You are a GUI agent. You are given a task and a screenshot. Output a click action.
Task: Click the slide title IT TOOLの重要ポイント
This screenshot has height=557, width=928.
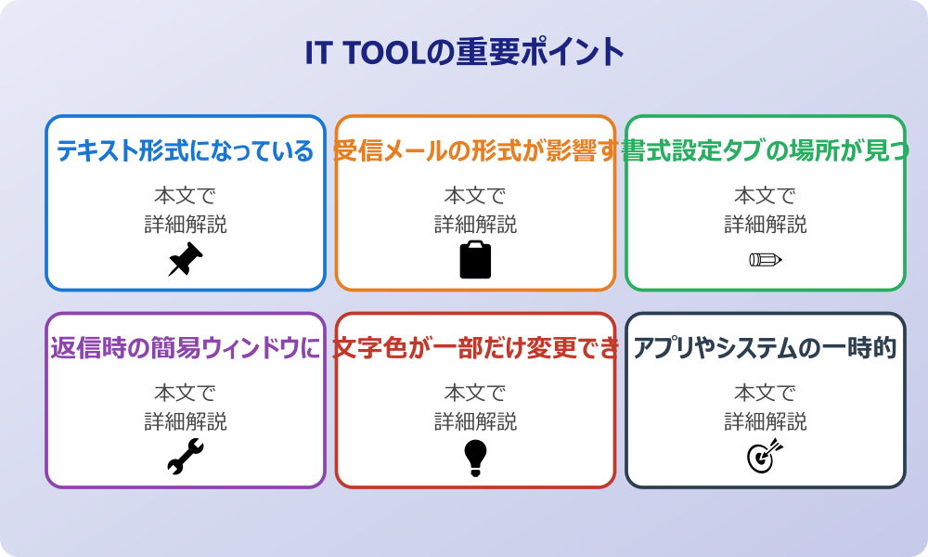(x=464, y=52)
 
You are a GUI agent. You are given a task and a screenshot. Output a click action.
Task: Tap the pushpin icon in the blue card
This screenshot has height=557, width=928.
(x=185, y=260)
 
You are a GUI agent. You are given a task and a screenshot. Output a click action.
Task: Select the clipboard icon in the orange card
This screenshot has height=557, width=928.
(x=475, y=260)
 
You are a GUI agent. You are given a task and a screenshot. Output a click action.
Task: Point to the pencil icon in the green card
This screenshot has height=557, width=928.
(x=765, y=259)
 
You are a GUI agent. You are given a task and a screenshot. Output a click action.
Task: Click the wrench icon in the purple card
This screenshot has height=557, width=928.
(x=185, y=457)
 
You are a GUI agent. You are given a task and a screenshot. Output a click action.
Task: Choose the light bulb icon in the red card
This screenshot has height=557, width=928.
(x=475, y=457)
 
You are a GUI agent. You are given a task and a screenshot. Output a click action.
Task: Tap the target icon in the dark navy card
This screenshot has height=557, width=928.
(x=765, y=457)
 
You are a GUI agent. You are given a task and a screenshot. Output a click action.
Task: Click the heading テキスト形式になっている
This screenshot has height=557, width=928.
(x=186, y=151)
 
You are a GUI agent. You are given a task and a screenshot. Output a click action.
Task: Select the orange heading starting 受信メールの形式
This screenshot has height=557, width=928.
(x=475, y=151)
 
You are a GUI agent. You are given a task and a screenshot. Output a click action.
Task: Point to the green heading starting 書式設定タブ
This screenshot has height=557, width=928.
(x=765, y=151)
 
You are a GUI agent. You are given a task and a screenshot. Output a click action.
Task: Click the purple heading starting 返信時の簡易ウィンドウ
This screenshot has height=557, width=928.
(x=185, y=349)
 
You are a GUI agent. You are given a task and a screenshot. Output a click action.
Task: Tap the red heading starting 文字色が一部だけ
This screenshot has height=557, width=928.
(x=475, y=349)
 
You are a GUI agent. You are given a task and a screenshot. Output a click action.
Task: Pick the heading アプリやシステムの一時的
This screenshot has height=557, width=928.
(x=765, y=349)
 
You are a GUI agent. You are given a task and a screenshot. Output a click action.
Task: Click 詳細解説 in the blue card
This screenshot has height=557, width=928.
(x=185, y=225)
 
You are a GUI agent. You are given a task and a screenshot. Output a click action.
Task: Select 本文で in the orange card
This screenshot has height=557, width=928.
(x=475, y=196)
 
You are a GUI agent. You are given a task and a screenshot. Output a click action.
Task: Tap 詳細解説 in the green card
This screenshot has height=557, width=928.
(x=765, y=225)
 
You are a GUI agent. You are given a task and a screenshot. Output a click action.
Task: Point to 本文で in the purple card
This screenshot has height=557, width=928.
(x=185, y=393)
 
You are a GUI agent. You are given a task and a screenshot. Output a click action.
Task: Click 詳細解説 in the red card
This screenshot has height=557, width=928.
(x=475, y=421)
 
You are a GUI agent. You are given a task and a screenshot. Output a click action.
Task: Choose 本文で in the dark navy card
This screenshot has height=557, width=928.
(x=765, y=393)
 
